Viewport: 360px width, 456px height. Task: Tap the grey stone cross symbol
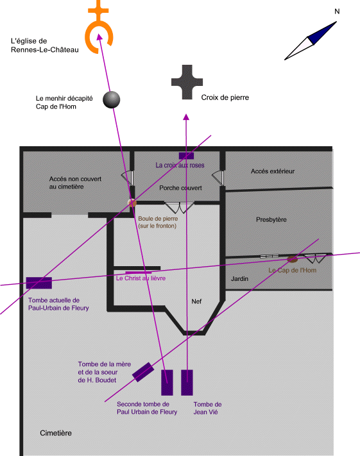point(187,82)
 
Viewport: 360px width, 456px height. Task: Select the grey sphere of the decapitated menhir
point(112,100)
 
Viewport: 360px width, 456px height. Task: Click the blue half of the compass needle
point(322,33)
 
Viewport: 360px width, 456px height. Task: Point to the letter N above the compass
point(337,12)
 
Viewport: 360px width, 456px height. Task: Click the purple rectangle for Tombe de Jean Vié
point(187,382)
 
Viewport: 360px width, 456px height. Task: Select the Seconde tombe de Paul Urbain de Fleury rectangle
point(167,382)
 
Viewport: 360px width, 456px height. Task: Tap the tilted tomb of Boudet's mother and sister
point(143,372)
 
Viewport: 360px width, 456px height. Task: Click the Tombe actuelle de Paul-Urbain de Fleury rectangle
point(39,283)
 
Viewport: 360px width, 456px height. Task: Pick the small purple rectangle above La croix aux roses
point(186,156)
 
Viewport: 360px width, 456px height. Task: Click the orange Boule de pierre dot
point(132,203)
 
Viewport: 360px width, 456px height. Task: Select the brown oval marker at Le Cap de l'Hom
point(292,259)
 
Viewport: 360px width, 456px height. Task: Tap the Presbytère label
point(271,219)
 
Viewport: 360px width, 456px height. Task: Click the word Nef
point(196,301)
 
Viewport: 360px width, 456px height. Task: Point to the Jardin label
point(239,278)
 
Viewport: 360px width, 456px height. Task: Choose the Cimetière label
point(56,433)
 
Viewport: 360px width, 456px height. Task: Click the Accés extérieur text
point(273,171)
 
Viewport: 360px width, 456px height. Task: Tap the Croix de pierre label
point(225,97)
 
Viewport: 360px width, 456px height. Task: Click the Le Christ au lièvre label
point(141,278)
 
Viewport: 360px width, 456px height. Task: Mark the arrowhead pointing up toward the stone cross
point(186,117)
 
